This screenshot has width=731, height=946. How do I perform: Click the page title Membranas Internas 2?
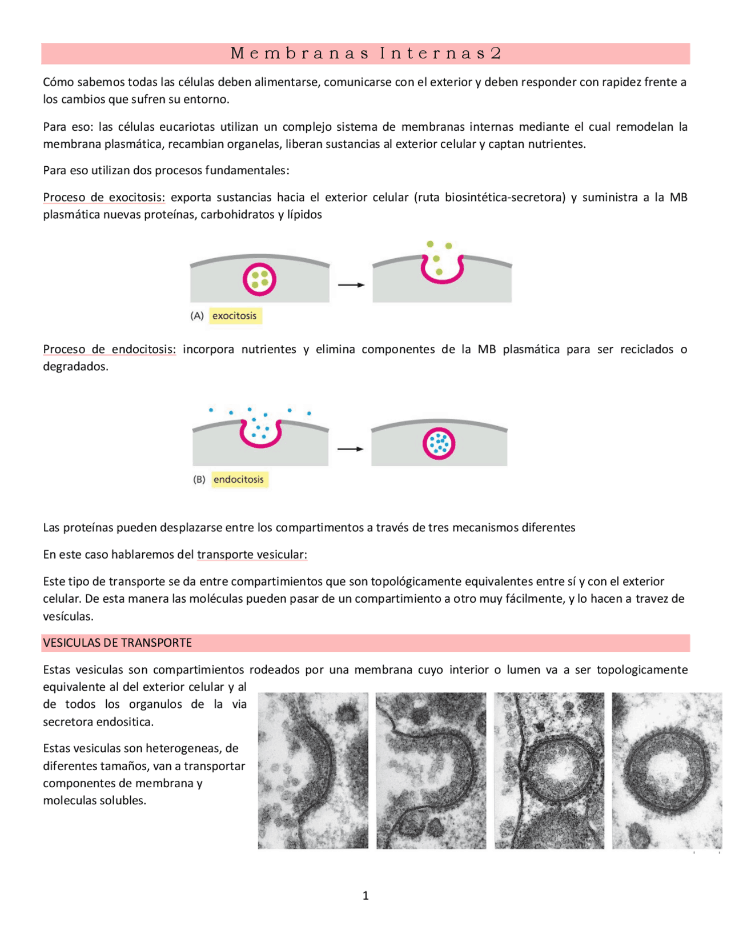pyautogui.click(x=365, y=54)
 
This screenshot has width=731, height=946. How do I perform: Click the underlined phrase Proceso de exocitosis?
pyautogui.click(x=104, y=198)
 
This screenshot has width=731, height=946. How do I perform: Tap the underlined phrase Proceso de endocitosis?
pyautogui.click(x=110, y=350)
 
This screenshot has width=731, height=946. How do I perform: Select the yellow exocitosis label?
pyautogui.click(x=235, y=316)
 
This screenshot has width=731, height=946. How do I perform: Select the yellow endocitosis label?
pyautogui.click(x=239, y=480)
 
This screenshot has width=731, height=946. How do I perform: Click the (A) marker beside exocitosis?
pyautogui.click(x=197, y=316)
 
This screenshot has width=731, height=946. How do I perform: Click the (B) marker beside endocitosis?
pyautogui.click(x=199, y=480)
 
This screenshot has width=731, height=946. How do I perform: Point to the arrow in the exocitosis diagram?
pyautogui.click(x=351, y=284)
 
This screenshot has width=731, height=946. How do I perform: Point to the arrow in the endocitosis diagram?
pyautogui.click(x=350, y=450)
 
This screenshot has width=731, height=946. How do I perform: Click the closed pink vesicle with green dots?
pyautogui.click(x=259, y=280)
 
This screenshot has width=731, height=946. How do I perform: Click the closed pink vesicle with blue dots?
pyautogui.click(x=439, y=444)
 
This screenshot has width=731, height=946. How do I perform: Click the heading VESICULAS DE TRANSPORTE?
pyautogui.click(x=118, y=643)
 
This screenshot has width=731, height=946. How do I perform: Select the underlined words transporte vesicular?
pyautogui.click(x=252, y=555)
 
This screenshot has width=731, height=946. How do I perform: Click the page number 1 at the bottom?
pyautogui.click(x=365, y=896)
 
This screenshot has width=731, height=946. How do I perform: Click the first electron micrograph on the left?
pyautogui.click(x=313, y=771)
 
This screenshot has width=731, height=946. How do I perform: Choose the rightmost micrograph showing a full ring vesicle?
pyautogui.click(x=666, y=771)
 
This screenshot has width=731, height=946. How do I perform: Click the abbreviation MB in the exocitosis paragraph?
pyautogui.click(x=678, y=198)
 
